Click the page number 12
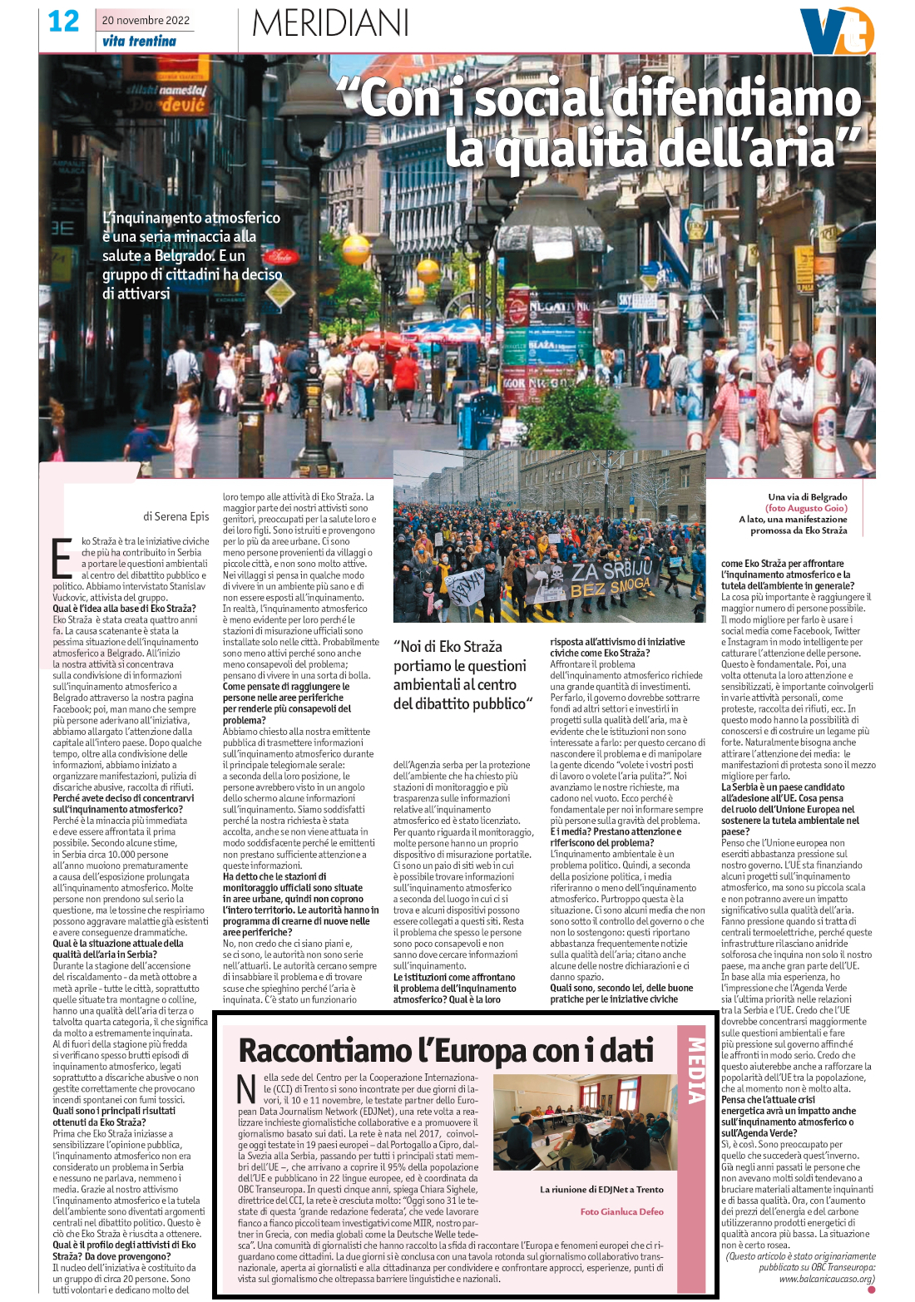[63, 22]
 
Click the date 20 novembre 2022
[146, 20]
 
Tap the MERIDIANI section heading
[330, 23]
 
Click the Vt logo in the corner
[835, 32]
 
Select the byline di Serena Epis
[176, 516]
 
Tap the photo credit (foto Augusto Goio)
[806, 508]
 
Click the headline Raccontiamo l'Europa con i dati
[446, 1051]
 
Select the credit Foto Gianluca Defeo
[621, 1211]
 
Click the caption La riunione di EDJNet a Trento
[601, 1189]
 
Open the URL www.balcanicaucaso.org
[827, 1279]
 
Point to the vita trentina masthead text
[139, 41]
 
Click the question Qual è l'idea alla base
[124, 609]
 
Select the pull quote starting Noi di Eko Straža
[460, 675]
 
